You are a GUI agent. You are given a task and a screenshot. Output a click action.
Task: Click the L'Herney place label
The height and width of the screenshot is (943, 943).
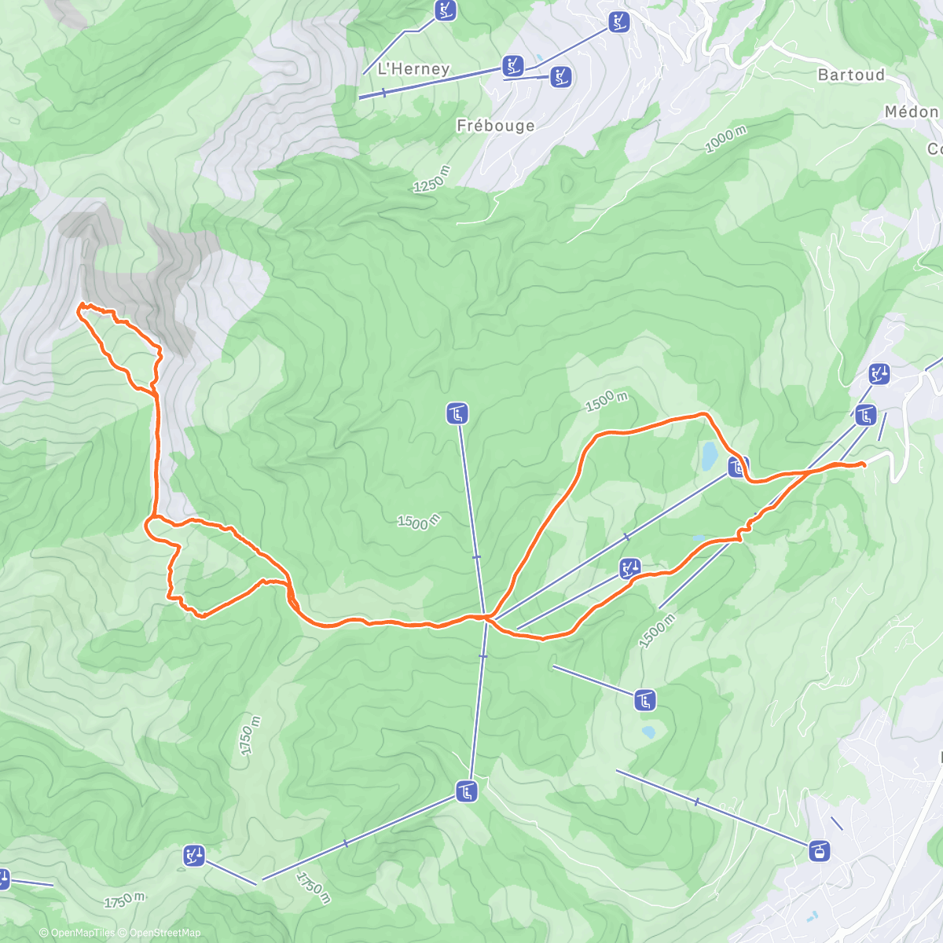pyautogui.click(x=413, y=69)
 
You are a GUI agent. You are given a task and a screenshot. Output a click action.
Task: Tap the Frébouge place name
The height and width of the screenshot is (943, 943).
pyautogui.click(x=495, y=126)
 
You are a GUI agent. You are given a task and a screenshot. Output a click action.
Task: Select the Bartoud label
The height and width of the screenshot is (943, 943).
pyautogui.click(x=851, y=75)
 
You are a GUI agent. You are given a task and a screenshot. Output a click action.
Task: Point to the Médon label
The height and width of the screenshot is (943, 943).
pyautogui.click(x=912, y=112)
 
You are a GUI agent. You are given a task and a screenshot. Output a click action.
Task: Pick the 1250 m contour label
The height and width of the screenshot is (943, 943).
pyautogui.click(x=433, y=180)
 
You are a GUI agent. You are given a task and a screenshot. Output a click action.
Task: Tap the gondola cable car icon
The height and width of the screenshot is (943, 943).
pyautogui.click(x=820, y=850)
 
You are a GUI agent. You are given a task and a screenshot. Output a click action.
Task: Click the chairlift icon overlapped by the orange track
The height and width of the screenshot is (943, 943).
pyautogui.click(x=737, y=467)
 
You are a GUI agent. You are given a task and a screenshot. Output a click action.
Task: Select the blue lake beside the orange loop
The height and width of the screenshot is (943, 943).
pyautogui.click(x=710, y=453)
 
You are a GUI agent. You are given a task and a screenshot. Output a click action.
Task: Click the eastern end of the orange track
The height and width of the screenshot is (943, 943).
pyautogui.click(x=864, y=465)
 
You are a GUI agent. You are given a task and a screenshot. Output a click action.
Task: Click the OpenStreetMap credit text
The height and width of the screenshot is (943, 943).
pyautogui.click(x=164, y=933)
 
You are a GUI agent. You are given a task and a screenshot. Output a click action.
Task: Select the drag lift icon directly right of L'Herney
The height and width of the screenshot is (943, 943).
pyautogui.click(x=513, y=65)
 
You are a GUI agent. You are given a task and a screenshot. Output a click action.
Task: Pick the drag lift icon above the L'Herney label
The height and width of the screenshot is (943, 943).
pyautogui.click(x=446, y=10)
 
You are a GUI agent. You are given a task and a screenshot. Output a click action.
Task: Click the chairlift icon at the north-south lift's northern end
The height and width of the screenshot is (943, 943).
pyautogui.click(x=457, y=413)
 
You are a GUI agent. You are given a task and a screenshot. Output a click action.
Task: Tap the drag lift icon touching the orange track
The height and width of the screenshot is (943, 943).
pyautogui.click(x=629, y=567)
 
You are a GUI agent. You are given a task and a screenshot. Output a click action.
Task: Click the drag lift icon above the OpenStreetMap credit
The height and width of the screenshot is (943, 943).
pyautogui.click(x=194, y=855)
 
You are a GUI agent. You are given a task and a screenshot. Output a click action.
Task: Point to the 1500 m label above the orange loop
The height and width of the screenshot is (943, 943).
pyautogui.click(x=606, y=401)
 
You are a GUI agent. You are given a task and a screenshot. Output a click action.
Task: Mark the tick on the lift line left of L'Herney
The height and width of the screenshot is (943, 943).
pyautogui.click(x=383, y=93)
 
